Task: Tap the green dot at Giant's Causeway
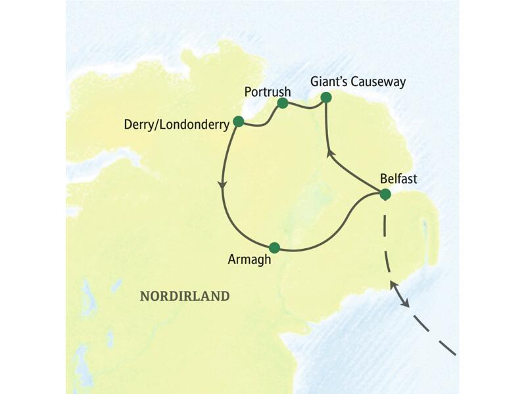click(325, 98)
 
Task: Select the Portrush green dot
click(283, 103)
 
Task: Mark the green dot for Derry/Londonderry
click(238, 121)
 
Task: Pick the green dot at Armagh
click(275, 248)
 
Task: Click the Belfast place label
click(398, 178)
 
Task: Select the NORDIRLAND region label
click(185, 297)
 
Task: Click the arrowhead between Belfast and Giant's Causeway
click(331, 156)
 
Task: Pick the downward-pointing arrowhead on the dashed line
click(407, 303)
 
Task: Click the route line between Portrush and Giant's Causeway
click(304, 105)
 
